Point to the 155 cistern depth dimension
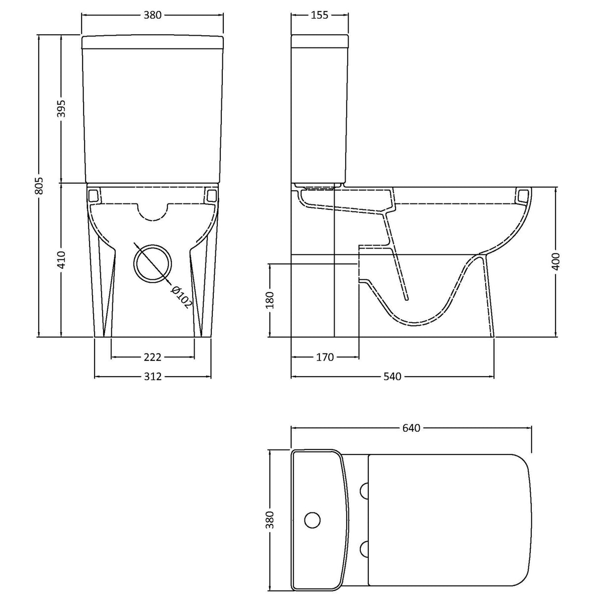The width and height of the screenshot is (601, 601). click(320, 15)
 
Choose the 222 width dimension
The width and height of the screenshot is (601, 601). click(152, 356)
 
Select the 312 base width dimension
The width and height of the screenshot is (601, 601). click(152, 377)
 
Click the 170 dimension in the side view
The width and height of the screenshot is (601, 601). click(325, 356)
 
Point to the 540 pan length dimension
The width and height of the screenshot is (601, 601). click(392, 377)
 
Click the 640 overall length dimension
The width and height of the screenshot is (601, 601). click(411, 428)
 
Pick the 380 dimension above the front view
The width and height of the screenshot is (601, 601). click(152, 15)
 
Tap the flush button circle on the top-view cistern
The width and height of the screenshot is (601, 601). click(312, 520)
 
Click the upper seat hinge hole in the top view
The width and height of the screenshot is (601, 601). click(365, 491)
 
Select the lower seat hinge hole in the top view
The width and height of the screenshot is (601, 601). click(365, 549)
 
